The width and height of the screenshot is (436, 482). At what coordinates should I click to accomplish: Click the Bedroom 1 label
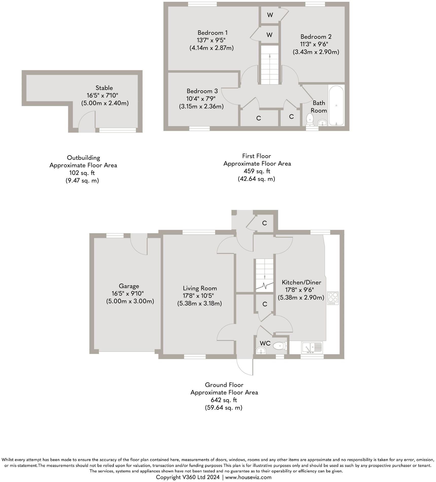[x=212, y=33]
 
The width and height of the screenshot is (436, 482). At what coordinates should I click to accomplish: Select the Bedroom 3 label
[x=202, y=91]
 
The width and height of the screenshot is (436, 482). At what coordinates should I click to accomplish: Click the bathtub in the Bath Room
[x=336, y=105]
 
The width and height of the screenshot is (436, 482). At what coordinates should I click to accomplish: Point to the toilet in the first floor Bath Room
[x=310, y=119]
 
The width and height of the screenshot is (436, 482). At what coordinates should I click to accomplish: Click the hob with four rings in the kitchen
[x=333, y=298]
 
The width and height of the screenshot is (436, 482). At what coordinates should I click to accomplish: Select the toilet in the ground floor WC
[x=280, y=345]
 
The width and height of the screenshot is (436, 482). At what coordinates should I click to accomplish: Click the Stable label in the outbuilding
[x=104, y=88]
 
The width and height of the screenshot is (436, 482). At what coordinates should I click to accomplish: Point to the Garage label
[x=129, y=286]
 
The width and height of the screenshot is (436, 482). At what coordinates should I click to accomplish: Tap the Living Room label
[x=200, y=288]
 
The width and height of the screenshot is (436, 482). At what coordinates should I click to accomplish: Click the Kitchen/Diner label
[x=301, y=282]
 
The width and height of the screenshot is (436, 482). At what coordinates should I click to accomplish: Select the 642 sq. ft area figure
[x=224, y=400]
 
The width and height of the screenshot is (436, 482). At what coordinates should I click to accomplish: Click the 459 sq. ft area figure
[x=257, y=171]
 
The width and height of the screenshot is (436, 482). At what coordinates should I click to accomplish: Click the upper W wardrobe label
[x=270, y=15]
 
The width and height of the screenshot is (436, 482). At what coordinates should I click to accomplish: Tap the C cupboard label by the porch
[x=264, y=223]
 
